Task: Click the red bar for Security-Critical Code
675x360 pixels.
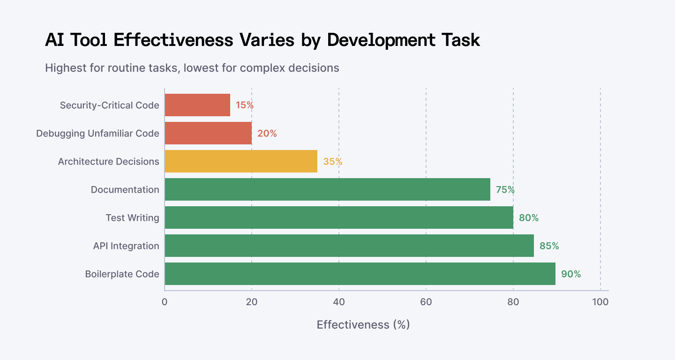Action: click(197, 105)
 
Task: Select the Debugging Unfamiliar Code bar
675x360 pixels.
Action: click(208, 133)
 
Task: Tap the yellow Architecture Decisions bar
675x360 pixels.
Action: click(241, 161)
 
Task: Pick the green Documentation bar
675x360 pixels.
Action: click(328, 189)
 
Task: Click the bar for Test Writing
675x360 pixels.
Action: click(339, 217)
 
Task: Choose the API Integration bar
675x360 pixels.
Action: click(349, 246)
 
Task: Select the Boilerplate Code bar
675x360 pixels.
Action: click(360, 274)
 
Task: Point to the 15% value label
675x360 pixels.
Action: click(245, 105)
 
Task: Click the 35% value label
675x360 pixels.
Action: click(333, 161)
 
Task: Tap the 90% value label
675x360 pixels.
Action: click(571, 274)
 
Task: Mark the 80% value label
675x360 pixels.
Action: click(529, 218)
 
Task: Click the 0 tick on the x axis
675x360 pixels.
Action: click(165, 302)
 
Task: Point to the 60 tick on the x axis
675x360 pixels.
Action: click(426, 302)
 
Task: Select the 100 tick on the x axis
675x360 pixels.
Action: click(600, 302)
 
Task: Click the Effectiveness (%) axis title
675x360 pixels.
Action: click(363, 325)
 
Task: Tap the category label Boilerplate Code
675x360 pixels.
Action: click(122, 274)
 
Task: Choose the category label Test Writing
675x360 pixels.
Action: click(132, 218)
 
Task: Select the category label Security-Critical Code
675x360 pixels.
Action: click(109, 105)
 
